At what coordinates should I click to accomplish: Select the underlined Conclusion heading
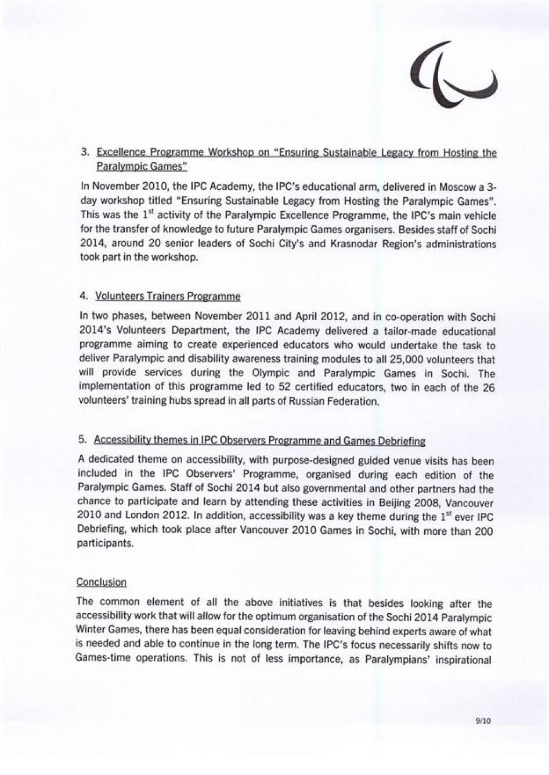click(x=102, y=582)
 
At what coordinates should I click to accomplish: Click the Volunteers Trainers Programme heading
click(x=168, y=296)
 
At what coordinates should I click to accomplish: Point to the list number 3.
click(x=85, y=153)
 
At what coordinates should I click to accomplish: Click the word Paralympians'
click(x=394, y=660)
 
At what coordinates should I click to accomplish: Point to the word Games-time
click(x=102, y=659)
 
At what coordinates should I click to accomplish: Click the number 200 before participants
click(x=484, y=531)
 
